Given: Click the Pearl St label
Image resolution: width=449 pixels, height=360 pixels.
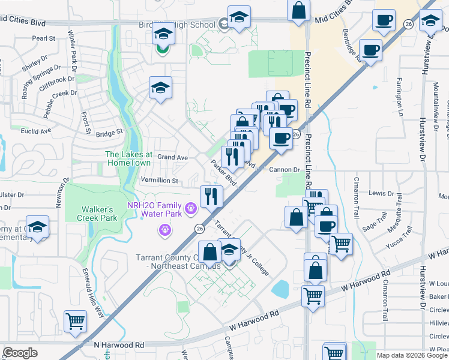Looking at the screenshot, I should pos(44,38).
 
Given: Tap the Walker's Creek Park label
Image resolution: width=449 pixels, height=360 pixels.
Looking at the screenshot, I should pos(99,214).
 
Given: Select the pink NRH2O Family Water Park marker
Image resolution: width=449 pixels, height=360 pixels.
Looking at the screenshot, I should pos(191,209).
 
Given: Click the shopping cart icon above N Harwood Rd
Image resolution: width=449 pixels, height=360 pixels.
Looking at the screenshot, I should pos(75,321).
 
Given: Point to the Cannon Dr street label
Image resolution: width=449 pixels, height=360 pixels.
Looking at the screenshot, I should pos(283,170).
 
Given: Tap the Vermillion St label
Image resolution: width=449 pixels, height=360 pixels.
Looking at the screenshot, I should pos(159,181).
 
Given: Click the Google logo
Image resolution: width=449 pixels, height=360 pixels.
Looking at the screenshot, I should pos(20,353).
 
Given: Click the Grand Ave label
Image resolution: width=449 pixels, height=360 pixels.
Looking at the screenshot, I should pos(172,157).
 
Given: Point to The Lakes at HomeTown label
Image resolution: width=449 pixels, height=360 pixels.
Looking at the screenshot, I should pos(129,159).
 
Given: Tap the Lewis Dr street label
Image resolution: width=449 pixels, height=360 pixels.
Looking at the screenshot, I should pos(381,193).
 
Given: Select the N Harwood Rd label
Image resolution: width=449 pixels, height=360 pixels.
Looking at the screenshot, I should pos(119,346).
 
